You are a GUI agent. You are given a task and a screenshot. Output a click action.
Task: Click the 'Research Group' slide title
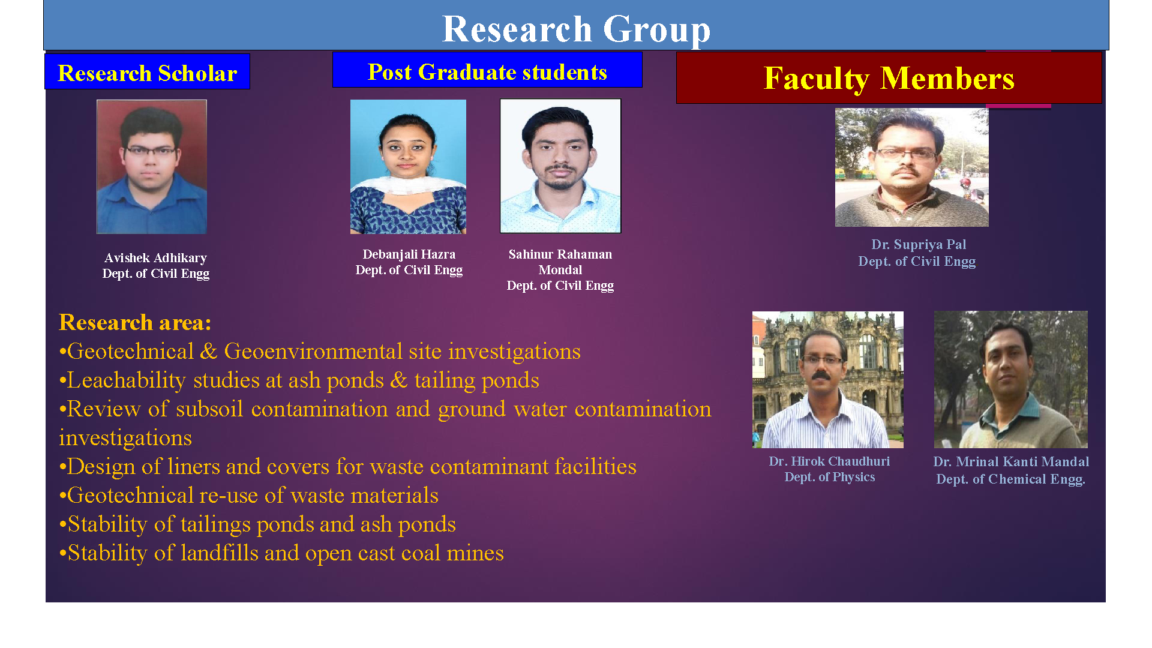576,29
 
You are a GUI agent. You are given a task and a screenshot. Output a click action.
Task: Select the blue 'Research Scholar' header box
147,71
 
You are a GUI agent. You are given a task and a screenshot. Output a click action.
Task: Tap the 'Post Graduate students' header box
487,70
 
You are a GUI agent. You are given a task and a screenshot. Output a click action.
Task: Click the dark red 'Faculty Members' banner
889,78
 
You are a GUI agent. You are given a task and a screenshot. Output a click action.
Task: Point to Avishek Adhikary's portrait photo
152,167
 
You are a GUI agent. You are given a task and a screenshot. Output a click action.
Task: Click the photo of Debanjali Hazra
408,167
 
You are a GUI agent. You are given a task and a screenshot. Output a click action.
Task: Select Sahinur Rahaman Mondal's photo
560,166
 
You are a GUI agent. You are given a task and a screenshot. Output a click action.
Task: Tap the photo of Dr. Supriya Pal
912,167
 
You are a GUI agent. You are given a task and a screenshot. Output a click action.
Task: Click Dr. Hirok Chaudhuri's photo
828,380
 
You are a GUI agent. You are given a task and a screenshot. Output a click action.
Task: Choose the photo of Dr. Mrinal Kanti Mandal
1011,379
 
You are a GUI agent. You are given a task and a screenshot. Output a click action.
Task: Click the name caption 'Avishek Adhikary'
155,258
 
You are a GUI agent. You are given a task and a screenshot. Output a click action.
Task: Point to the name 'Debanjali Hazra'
409,254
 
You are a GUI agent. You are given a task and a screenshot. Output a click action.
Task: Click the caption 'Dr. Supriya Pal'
919,245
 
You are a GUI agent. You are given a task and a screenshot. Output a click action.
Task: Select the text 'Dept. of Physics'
830,477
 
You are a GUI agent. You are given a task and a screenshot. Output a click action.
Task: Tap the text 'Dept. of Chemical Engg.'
1011,479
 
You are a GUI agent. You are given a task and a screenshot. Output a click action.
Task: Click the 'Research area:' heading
135,323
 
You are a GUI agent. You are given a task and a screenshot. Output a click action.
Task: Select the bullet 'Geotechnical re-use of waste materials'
249,496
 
